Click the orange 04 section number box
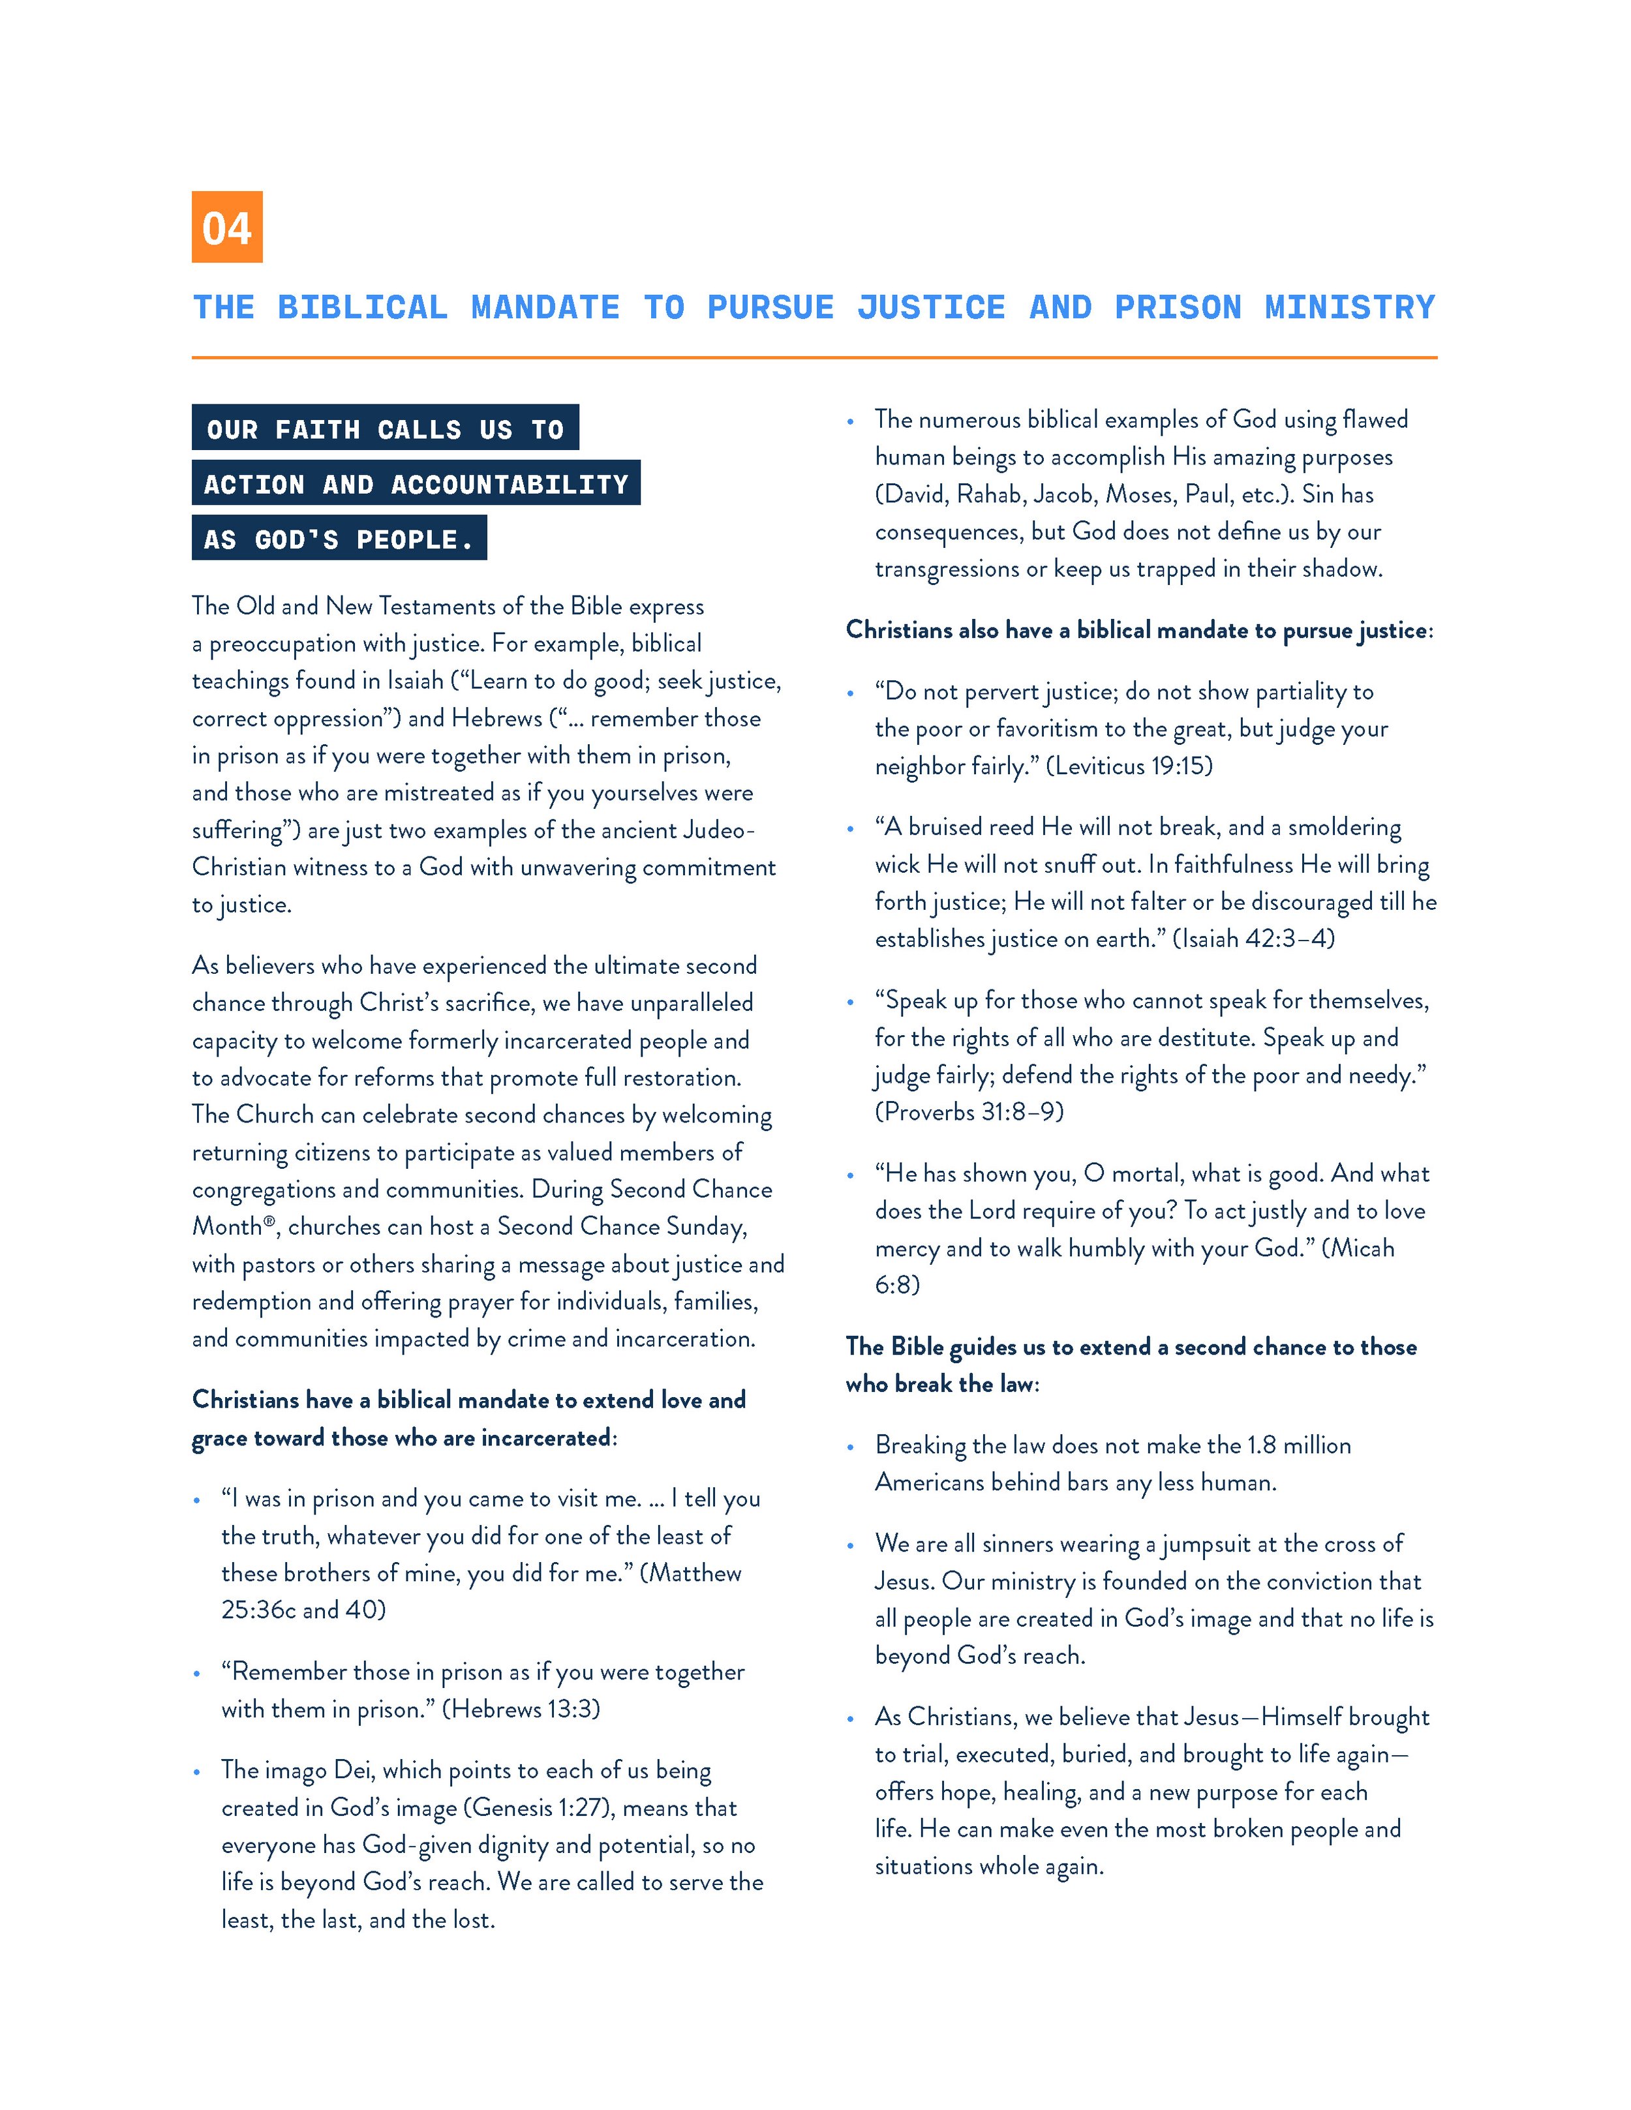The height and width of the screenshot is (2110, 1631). tap(227, 227)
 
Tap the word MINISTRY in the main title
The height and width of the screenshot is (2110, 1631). tap(1350, 307)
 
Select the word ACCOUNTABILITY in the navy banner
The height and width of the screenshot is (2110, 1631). tap(510, 484)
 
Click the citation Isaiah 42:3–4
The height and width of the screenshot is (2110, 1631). tap(1253, 938)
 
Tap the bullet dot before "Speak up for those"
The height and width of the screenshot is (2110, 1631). tap(850, 1002)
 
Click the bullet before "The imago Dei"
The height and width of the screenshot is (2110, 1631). tap(197, 1772)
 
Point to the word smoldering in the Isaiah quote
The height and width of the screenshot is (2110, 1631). tap(1345, 827)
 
